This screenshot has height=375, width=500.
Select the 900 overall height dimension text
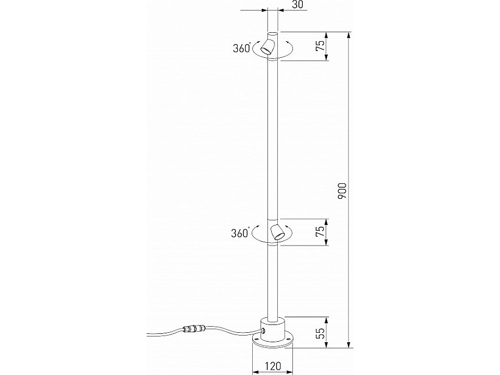[342, 190]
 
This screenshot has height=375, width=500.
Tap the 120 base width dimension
[272, 367]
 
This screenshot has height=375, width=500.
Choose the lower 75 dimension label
[320, 232]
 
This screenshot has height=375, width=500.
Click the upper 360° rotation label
[242, 48]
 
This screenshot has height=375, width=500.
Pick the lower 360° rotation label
[239, 233]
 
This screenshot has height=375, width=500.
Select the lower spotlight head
[276, 232]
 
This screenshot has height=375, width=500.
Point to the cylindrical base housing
[272, 328]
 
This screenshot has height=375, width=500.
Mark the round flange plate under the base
[272, 343]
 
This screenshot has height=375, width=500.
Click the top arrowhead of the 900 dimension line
[349, 35]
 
